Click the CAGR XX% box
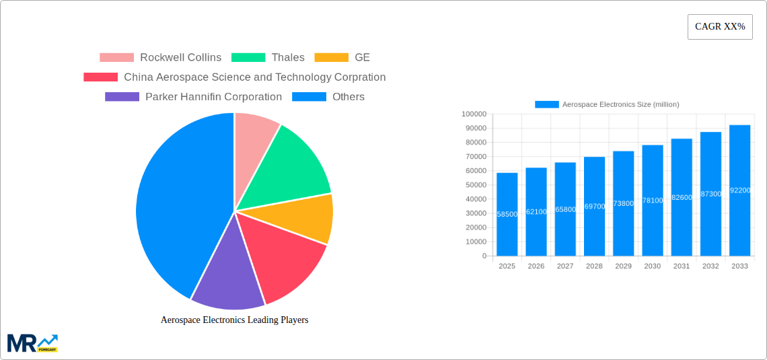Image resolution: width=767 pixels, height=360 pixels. pyautogui.click(x=720, y=27)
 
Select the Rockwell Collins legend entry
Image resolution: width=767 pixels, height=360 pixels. pyautogui.click(x=161, y=58)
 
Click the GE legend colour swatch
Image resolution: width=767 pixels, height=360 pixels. pyautogui.click(x=331, y=58)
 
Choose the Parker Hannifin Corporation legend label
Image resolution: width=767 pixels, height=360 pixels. pyautogui.click(x=213, y=97)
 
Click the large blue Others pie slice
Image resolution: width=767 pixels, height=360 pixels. pyautogui.click(x=175, y=202)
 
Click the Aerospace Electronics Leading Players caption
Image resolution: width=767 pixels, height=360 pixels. pyautogui.click(x=234, y=320)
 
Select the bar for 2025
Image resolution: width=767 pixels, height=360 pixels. pyautogui.click(x=507, y=215)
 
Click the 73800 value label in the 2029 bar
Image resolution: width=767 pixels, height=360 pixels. pyautogui.click(x=623, y=203)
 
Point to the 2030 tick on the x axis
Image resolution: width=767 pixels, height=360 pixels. pyautogui.click(x=652, y=266)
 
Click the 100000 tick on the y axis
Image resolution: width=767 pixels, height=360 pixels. pyautogui.click(x=474, y=114)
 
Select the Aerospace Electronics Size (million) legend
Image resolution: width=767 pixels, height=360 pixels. pyautogui.click(x=607, y=104)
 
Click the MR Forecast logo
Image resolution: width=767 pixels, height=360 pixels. pyautogui.click(x=32, y=343)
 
